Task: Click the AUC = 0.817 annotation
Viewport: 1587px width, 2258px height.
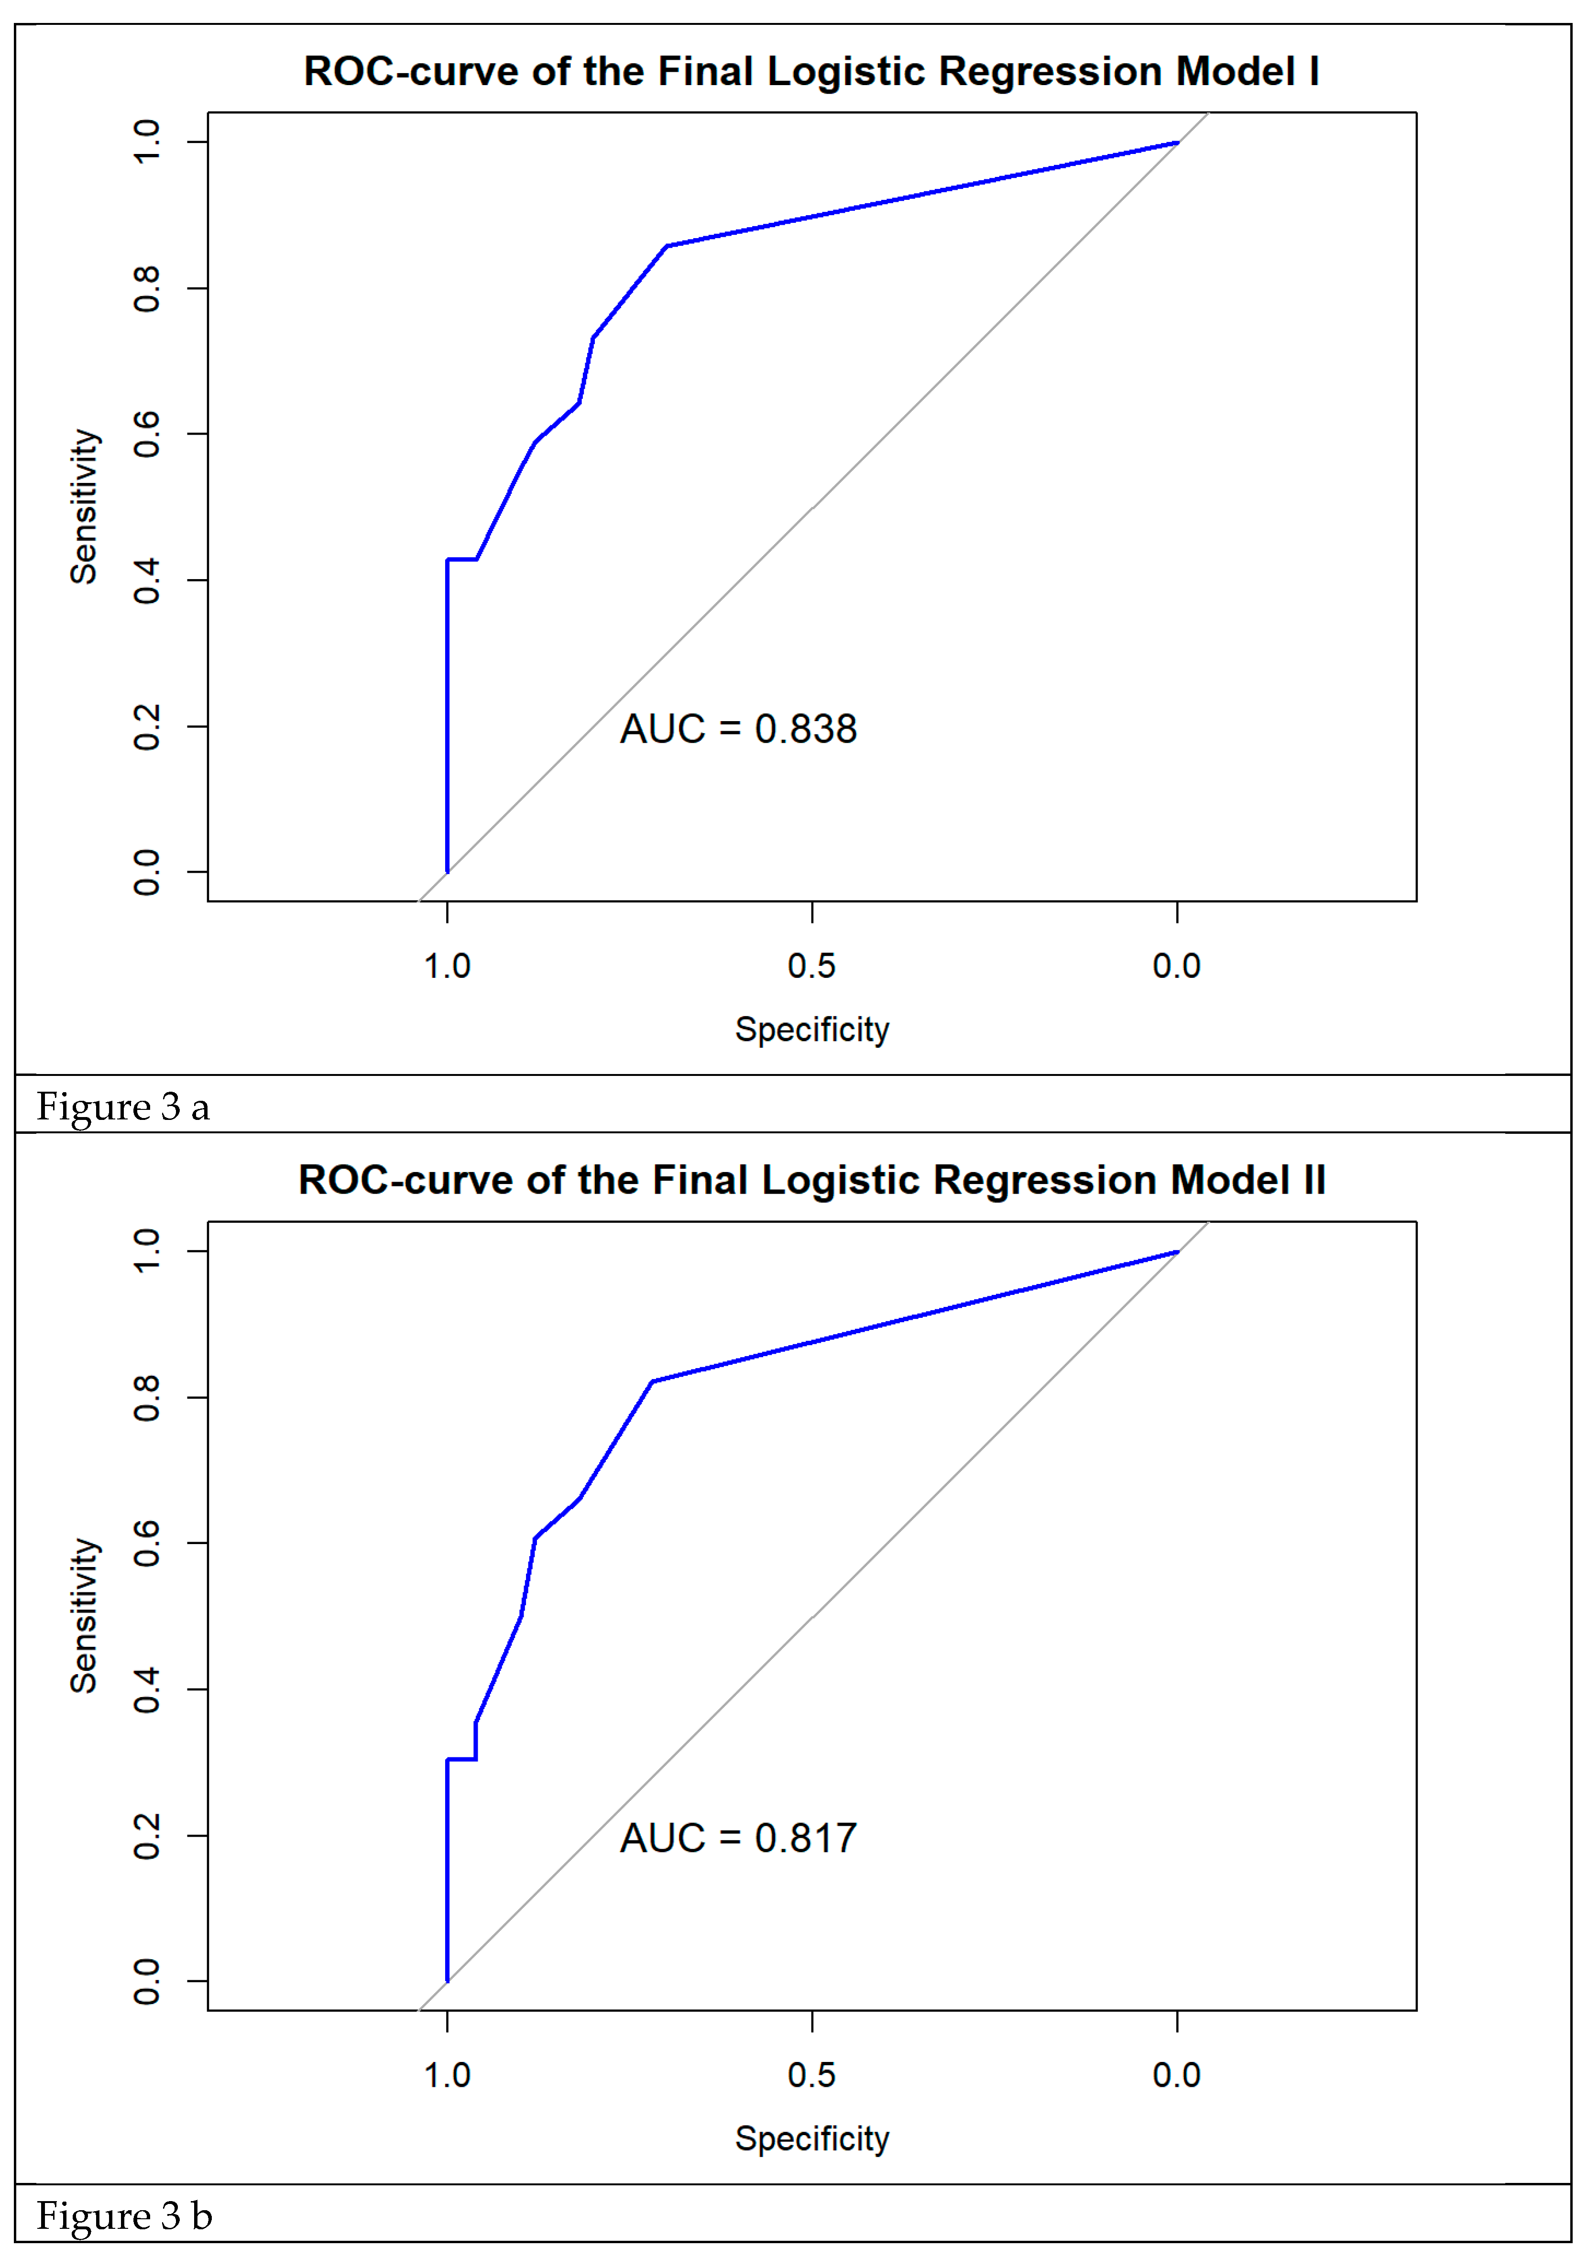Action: tap(737, 1838)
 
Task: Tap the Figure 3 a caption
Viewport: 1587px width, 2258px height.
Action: tap(123, 1107)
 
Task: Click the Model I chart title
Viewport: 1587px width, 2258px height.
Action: tap(811, 72)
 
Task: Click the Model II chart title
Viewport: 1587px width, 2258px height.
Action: tap(811, 1180)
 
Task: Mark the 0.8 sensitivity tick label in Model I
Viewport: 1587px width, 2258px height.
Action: tap(146, 288)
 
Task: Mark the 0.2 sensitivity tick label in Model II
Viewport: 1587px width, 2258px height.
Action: tap(146, 1835)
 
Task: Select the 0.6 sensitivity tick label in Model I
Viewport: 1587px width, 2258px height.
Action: tap(146, 434)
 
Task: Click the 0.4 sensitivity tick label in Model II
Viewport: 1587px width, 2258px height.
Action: tap(146, 1689)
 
